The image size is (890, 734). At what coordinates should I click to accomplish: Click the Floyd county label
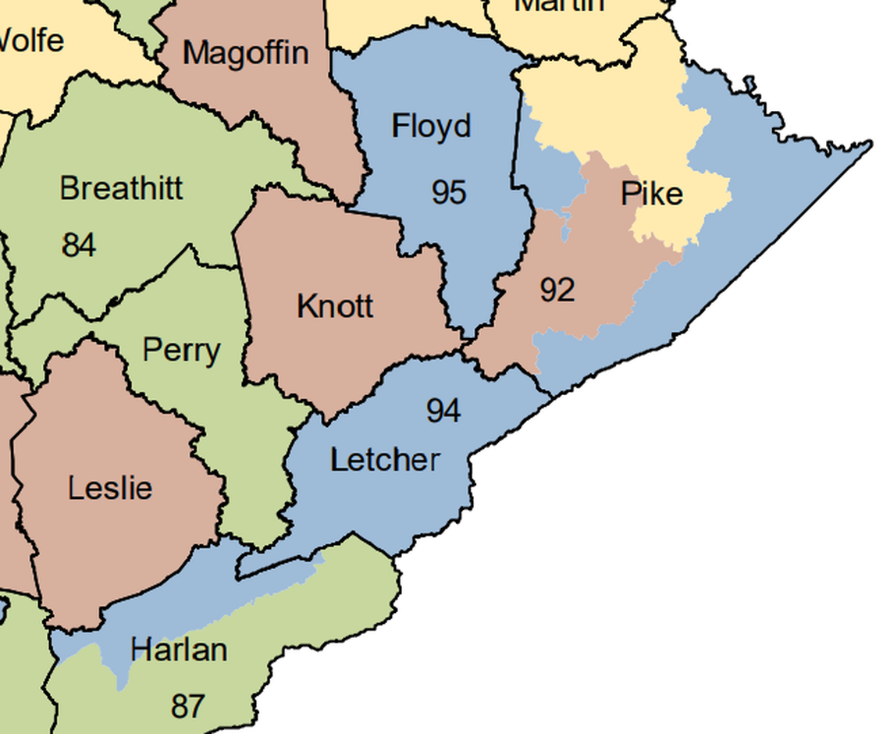pos(431,126)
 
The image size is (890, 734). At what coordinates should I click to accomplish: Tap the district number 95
pos(449,192)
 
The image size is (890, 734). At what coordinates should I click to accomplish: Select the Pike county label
pos(652,194)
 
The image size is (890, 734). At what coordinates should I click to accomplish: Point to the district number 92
pos(557,290)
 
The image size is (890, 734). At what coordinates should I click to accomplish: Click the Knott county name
pos(335,306)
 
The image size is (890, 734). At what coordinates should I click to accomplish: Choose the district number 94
pos(443,410)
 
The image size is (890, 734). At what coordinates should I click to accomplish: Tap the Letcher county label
pos(385,460)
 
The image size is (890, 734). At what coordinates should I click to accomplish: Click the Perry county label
pos(181,351)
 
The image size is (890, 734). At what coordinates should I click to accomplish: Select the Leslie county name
pos(110,489)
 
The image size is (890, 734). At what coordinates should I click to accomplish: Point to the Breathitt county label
pos(121,189)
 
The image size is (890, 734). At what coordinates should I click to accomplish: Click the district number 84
pos(79,245)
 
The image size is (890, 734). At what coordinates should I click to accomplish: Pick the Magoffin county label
pos(245,54)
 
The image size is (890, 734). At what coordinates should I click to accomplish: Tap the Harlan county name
pos(179,650)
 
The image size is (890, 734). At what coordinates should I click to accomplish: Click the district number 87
pos(187,707)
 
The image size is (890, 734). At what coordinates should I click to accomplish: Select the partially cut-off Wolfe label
pos(31,39)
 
